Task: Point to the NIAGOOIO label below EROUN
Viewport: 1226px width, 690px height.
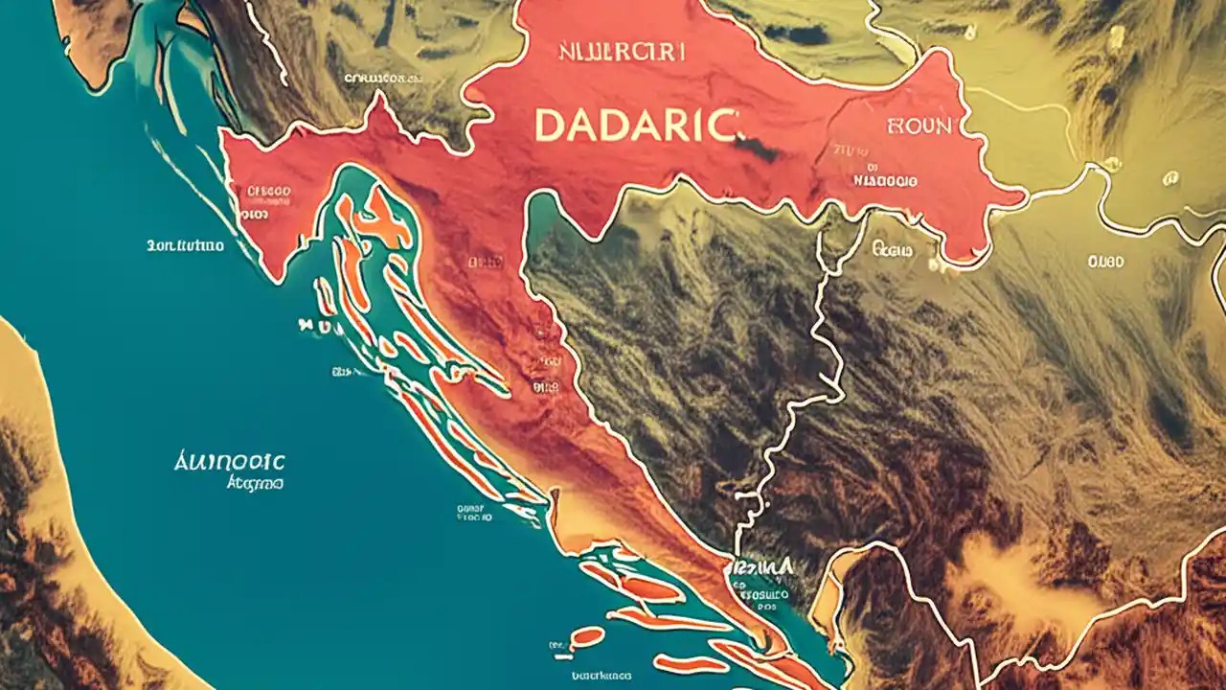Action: [884, 179]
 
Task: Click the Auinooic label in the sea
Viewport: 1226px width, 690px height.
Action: [230, 463]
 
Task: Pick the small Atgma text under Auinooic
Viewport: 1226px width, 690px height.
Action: [254, 484]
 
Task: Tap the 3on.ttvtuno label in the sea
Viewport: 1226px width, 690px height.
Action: [185, 245]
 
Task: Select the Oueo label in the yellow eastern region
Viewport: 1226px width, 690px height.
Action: [1105, 261]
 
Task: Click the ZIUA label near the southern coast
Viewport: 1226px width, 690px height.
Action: [762, 568]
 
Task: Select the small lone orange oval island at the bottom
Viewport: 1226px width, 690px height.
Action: [586, 635]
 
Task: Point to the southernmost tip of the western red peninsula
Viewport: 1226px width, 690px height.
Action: [278, 279]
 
